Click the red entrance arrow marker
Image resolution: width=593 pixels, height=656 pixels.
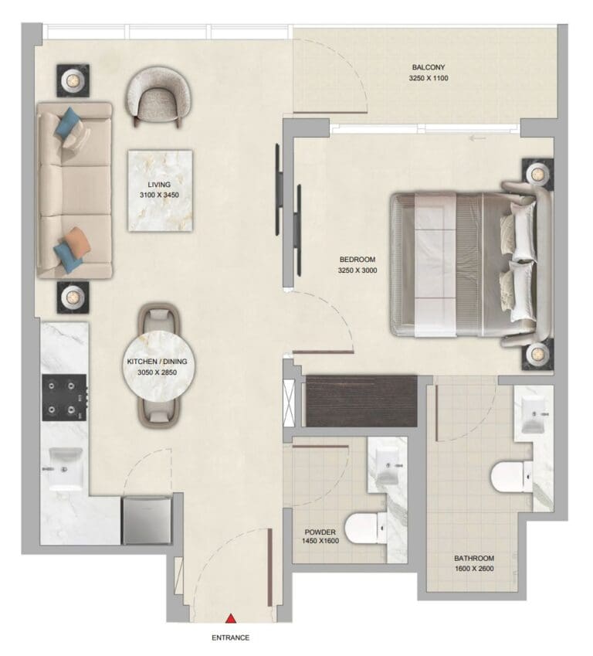click(x=230, y=618)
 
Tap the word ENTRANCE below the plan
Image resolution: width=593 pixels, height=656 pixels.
click(x=231, y=638)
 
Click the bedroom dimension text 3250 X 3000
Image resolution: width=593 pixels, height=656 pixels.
click(x=357, y=270)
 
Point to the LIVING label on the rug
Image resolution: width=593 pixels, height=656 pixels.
click(x=159, y=185)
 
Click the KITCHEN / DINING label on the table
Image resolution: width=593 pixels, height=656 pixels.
click(x=158, y=361)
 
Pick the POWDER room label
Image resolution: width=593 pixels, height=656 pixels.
click(x=320, y=532)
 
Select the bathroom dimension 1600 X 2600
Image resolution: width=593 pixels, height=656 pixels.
click(x=474, y=569)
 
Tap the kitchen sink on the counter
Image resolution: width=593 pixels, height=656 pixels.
click(x=65, y=467)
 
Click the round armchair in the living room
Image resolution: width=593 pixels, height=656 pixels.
click(x=159, y=97)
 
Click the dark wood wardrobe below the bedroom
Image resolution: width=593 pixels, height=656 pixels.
click(x=361, y=400)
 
